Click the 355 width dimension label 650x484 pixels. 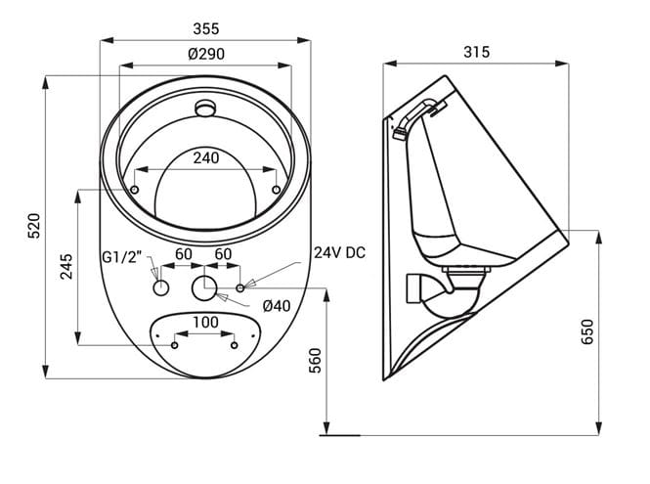[206, 28]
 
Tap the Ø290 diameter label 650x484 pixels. [206, 54]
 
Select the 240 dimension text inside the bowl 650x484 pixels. [206, 158]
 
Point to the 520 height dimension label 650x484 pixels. [34, 226]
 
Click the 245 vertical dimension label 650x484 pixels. [66, 266]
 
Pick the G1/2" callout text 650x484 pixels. [122, 257]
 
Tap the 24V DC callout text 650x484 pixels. [339, 252]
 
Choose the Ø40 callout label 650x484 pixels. [277, 306]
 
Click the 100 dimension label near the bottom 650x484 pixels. [205, 322]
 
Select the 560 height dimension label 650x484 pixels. [316, 361]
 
